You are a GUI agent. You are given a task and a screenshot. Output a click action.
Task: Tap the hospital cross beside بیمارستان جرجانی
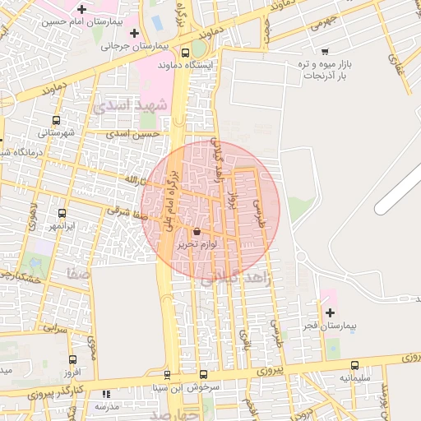pyautogui.click(x=134, y=32)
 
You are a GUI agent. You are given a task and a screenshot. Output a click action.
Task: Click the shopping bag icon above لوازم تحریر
pyautogui.click(x=196, y=231)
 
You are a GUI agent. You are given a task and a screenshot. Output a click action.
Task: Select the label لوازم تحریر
pyautogui.click(x=197, y=244)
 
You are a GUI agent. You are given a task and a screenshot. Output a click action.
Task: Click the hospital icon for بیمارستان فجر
pyautogui.click(x=330, y=312)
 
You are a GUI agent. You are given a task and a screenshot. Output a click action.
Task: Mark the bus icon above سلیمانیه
pyautogui.click(x=354, y=365)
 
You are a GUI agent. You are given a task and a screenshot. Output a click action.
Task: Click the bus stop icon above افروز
pyautogui.click(x=72, y=359)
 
